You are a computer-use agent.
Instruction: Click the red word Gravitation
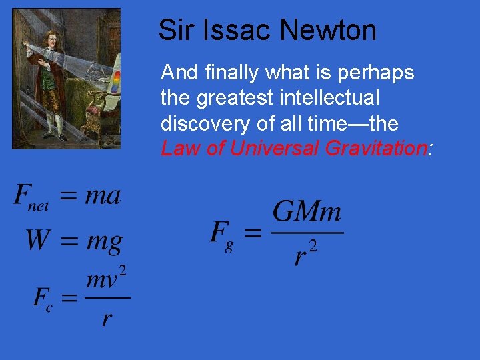[375, 149]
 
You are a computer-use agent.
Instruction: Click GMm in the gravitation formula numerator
[307, 213]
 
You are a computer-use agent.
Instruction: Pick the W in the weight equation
[38, 239]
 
